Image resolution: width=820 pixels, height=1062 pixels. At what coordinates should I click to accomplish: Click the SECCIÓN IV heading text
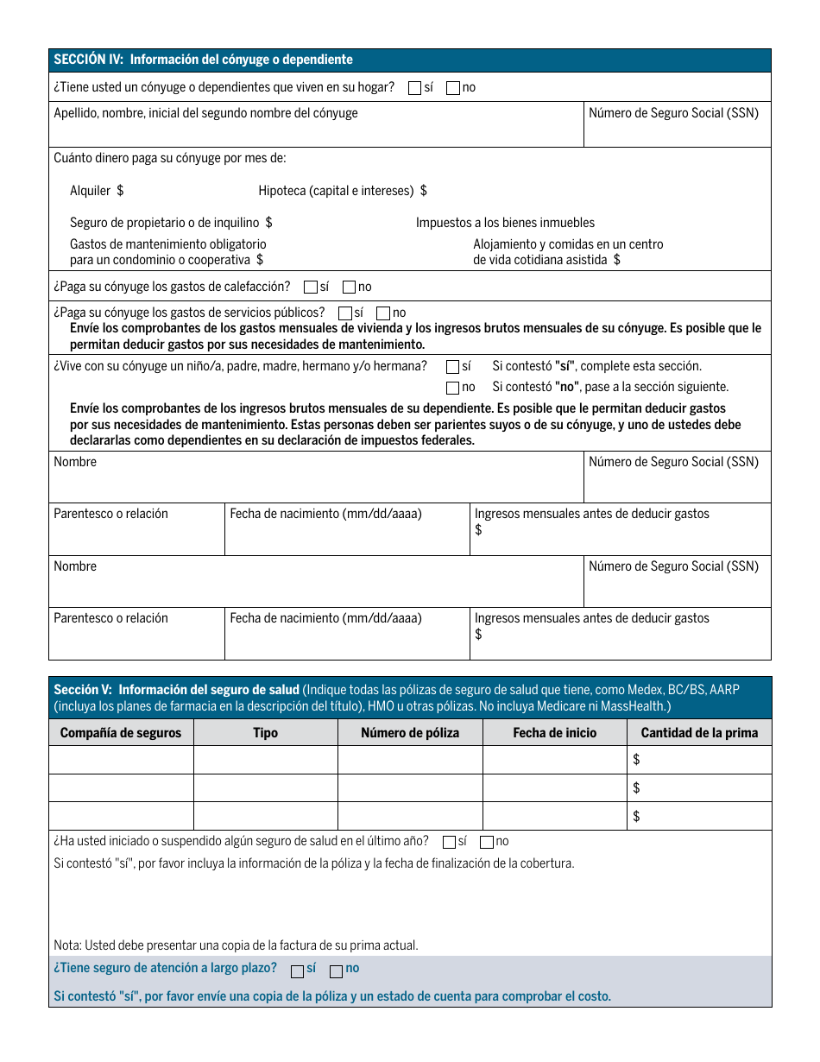[203, 60]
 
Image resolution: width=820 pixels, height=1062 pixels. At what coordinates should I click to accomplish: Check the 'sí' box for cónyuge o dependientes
[415, 87]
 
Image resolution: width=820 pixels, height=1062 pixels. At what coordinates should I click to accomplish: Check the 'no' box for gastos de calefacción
[350, 288]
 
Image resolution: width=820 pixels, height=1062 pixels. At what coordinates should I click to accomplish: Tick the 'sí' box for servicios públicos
[345, 313]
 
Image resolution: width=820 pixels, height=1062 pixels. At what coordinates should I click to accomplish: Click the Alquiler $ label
[97, 191]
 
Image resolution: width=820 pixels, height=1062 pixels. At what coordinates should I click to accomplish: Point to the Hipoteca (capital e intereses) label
[342, 191]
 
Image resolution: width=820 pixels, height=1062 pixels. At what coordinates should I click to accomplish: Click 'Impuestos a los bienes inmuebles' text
[505, 223]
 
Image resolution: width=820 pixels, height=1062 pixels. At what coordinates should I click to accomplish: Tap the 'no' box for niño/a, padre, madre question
[452, 388]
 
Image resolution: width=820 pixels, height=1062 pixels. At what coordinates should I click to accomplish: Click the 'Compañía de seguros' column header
[121, 733]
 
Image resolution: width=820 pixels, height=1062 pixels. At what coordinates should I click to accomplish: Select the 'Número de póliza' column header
[410, 733]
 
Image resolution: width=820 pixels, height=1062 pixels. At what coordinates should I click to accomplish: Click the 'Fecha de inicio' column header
[554, 733]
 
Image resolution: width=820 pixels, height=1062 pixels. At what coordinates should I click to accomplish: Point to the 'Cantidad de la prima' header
[699, 733]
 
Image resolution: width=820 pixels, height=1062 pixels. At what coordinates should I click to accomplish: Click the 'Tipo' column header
[265, 733]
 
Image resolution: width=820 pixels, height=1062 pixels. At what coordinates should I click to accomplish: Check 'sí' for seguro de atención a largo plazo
[297, 970]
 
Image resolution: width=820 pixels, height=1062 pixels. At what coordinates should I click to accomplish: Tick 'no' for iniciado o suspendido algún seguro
[487, 842]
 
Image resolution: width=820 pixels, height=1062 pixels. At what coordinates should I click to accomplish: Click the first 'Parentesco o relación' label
[110, 514]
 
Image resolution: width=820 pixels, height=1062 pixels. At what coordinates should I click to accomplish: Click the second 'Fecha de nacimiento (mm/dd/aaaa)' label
[325, 618]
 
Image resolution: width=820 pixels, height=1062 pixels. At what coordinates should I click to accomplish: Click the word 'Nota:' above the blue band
[68, 945]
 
